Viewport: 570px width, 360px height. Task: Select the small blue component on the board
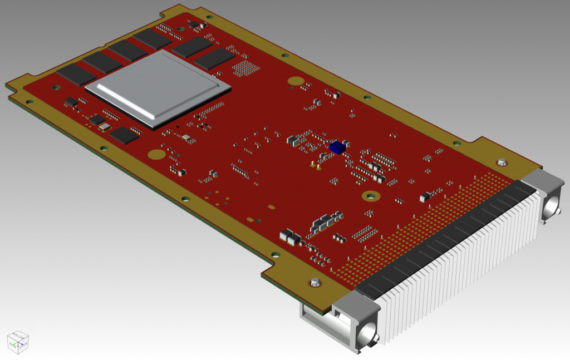click(336, 147)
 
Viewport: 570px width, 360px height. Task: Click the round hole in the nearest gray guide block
click(367, 335)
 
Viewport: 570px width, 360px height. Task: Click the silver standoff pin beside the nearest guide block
click(315, 282)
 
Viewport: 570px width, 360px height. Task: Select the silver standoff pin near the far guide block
click(502, 162)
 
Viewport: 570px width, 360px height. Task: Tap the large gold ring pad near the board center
click(370, 196)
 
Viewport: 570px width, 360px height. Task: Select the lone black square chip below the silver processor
click(124, 135)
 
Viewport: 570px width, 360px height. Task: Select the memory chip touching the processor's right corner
click(214, 58)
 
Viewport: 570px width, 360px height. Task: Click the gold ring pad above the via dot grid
click(295, 81)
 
